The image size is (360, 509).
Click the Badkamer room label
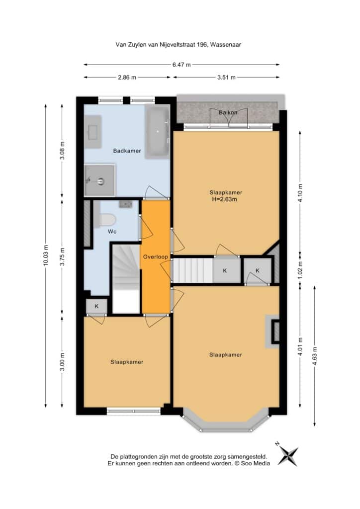coord(127,151)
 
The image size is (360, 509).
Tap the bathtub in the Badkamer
coord(158,131)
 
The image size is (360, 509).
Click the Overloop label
coord(156,257)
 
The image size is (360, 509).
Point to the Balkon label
coord(228,112)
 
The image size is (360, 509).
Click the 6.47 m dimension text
coord(181,65)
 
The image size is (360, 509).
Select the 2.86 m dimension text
coord(127,77)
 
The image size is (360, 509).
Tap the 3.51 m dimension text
coord(226,77)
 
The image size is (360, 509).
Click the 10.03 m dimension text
coord(45,255)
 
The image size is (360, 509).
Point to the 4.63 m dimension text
coord(315,356)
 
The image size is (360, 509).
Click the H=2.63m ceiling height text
coord(225,199)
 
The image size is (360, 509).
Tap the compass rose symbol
coord(287,455)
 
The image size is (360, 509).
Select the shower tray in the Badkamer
coord(99,180)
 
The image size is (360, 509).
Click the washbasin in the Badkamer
coord(93,131)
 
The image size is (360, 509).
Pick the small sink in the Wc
coord(126,204)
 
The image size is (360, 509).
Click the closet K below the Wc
coord(96,306)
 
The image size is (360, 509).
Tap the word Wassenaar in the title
coord(226,45)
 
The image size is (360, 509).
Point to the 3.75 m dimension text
coord(62,256)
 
